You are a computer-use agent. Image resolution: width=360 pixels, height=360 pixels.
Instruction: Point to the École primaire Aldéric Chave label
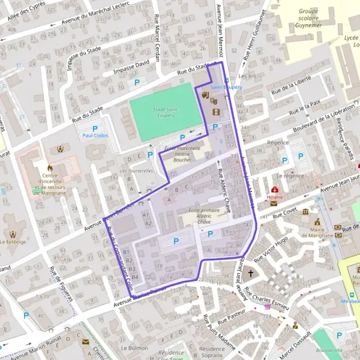(x=204, y=216)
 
